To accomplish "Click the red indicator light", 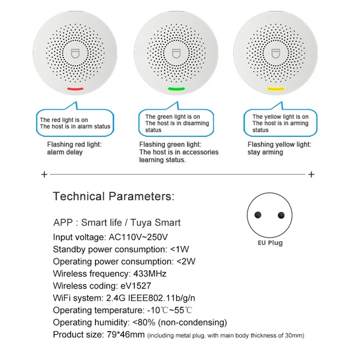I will pyautogui.click(x=75, y=89).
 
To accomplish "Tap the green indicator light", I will pyautogui.click(x=176, y=89).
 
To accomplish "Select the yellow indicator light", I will pyautogui.click(x=276, y=89).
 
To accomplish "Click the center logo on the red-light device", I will pyautogui.click(x=75, y=52).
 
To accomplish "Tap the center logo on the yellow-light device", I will pyautogui.click(x=276, y=52).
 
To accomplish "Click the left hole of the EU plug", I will pyautogui.click(x=259, y=216).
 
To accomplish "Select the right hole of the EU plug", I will pyautogui.click(x=281, y=216).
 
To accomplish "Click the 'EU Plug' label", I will pyautogui.click(x=270, y=243).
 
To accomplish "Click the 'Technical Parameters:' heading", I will pyautogui.click(x=113, y=196).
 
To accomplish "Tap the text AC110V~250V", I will pyautogui.click(x=137, y=237).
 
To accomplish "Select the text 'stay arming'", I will pyautogui.click(x=265, y=152).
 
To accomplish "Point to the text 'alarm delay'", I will pyautogui.click(x=65, y=152).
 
